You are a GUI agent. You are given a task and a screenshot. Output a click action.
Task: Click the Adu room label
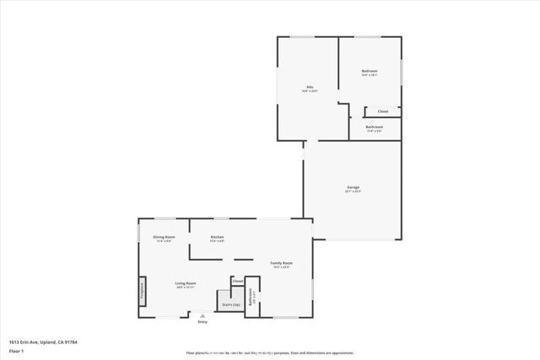click(x=310, y=87)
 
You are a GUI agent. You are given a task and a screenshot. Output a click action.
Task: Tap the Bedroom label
click(x=370, y=71)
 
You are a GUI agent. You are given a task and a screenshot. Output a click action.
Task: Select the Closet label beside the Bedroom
click(x=382, y=111)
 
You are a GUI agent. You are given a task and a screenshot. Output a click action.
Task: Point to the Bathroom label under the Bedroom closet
click(x=375, y=126)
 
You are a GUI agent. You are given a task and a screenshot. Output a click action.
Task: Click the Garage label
click(x=353, y=186)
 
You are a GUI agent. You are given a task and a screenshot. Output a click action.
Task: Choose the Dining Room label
click(x=164, y=237)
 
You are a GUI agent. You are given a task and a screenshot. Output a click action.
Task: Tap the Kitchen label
click(x=217, y=237)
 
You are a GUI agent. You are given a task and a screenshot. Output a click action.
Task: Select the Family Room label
click(x=281, y=263)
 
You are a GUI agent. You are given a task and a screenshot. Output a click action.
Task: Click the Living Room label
click(x=186, y=283)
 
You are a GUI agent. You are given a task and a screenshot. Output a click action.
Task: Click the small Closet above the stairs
click(x=238, y=281)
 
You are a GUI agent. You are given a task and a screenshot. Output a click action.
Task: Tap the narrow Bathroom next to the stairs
click(x=251, y=297)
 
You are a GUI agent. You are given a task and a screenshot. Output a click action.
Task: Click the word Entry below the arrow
click(x=202, y=322)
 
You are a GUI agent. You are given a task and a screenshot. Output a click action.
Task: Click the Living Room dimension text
click(x=186, y=288)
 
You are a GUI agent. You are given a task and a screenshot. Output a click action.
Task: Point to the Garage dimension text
click(x=353, y=191)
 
